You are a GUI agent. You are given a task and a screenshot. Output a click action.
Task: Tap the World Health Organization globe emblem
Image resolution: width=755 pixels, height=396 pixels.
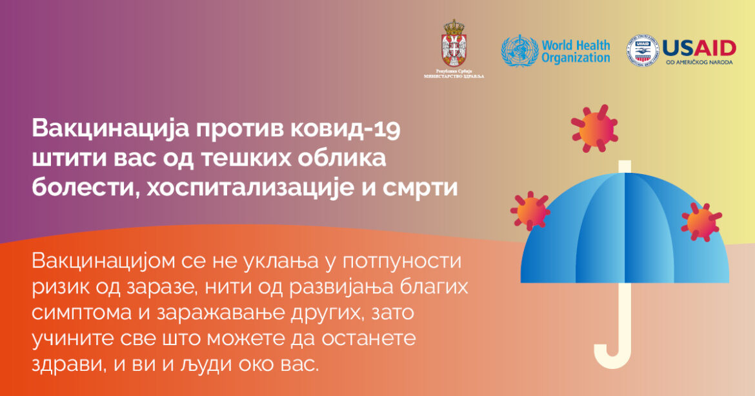(519, 51)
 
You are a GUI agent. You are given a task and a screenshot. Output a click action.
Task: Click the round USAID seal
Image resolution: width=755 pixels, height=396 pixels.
(642, 50)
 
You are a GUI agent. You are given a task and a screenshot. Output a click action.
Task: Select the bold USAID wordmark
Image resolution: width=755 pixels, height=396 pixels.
(699, 48)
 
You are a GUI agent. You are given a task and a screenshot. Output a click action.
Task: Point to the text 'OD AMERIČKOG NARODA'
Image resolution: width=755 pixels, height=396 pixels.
(699, 63)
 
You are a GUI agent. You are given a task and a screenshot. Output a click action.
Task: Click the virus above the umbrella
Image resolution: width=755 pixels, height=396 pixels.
(594, 128)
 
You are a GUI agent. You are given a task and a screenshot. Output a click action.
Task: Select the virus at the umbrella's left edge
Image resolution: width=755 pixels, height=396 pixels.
(530, 211)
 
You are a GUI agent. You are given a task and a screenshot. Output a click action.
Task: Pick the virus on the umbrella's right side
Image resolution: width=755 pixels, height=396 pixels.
(701, 222)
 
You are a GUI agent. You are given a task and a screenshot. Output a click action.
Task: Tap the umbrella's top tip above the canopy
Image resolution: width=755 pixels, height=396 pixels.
(625, 166)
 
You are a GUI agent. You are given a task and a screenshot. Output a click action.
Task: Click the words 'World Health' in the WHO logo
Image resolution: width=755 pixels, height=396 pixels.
(576, 46)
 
